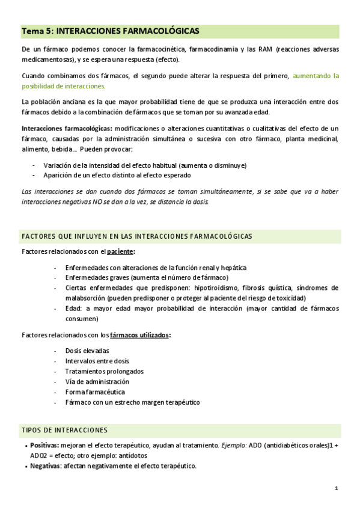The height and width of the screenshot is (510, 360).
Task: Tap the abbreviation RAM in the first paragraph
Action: (264, 49)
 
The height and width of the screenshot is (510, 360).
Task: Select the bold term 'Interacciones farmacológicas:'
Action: (66, 129)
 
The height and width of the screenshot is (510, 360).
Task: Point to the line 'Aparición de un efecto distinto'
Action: (117, 176)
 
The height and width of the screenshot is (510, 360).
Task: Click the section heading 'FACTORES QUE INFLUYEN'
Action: (136, 236)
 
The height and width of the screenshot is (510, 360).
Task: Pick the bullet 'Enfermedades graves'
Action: (147, 278)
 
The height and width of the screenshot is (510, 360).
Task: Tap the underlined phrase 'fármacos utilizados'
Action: (139, 335)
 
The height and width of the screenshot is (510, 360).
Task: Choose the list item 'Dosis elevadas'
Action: (87, 351)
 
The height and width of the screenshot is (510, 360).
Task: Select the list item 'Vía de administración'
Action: (97, 382)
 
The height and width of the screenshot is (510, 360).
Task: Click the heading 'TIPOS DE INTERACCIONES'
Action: (64, 430)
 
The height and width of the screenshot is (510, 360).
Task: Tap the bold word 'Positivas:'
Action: (44, 446)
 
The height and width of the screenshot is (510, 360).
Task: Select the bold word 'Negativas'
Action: (44, 466)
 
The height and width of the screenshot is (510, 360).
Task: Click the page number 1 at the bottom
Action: (337, 489)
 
